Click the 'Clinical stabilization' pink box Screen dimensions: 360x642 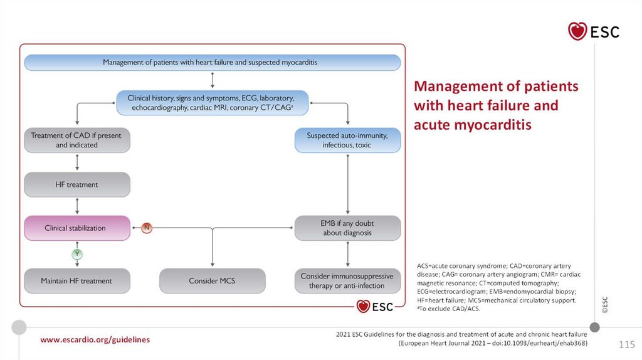[76, 228]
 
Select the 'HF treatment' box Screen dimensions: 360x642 [76, 185]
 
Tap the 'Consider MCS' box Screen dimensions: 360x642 [212, 281]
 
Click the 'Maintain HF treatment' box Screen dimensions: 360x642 [76, 281]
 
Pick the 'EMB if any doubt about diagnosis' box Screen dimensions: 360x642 [347, 228]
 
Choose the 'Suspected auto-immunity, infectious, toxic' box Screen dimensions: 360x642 [347, 140]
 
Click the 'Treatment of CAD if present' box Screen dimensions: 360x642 [76, 140]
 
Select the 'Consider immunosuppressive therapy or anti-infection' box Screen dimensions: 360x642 [347, 281]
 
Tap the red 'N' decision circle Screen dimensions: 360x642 [146, 228]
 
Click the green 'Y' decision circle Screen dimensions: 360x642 [77, 254]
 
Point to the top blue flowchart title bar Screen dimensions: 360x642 [212, 63]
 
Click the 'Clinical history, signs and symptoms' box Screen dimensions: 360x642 [212, 103]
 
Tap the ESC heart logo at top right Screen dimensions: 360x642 [593, 31]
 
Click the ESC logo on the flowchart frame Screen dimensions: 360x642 [375, 307]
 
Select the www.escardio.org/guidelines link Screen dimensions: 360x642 [95, 339]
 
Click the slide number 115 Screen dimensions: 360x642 [626, 344]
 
